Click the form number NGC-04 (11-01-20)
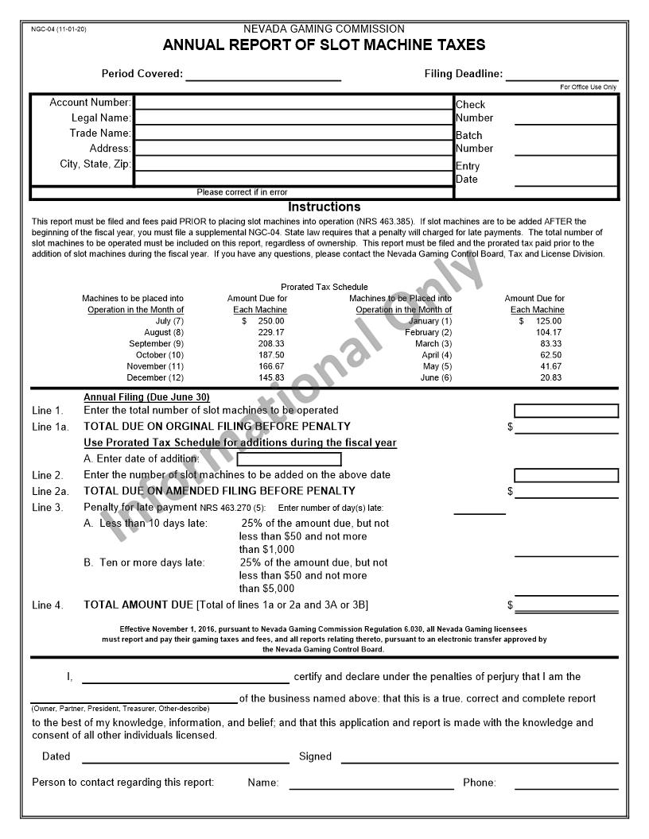[x=59, y=29]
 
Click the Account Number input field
[x=293, y=102]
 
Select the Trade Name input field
[x=293, y=133]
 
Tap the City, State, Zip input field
[x=293, y=164]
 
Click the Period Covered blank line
[x=263, y=75]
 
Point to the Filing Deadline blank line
[x=562, y=75]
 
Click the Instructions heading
[x=324, y=207]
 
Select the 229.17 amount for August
[x=271, y=332]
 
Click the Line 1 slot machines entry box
[x=565, y=411]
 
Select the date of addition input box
[x=289, y=459]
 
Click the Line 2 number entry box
[x=565, y=475]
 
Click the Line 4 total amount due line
[x=565, y=605]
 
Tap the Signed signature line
[x=480, y=757]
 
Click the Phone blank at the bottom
[x=565, y=783]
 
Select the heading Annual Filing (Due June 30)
[x=146, y=397]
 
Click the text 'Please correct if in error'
[x=242, y=192]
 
